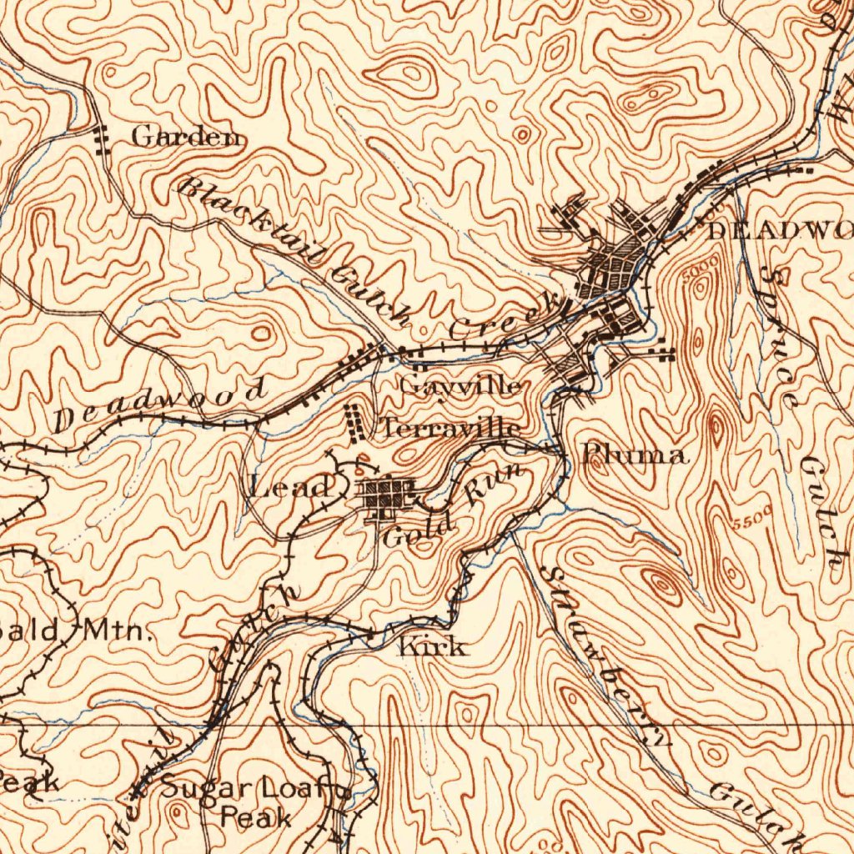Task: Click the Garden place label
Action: point(188,137)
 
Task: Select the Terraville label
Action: point(451,429)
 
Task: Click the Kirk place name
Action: point(433,646)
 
